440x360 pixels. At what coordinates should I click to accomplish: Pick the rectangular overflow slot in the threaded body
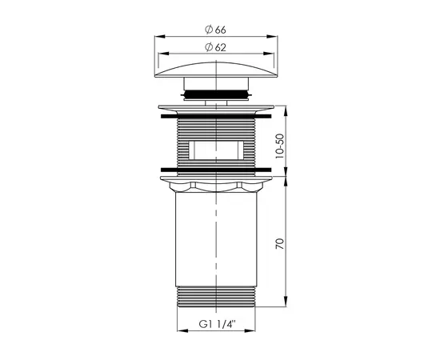point(217,149)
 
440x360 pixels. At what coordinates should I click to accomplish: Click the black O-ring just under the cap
point(217,95)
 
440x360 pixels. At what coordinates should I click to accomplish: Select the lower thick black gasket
point(217,169)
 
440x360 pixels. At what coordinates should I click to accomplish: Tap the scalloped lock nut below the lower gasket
point(217,186)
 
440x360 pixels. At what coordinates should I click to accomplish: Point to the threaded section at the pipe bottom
point(217,298)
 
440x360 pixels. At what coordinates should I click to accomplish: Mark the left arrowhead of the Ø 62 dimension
point(162,54)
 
